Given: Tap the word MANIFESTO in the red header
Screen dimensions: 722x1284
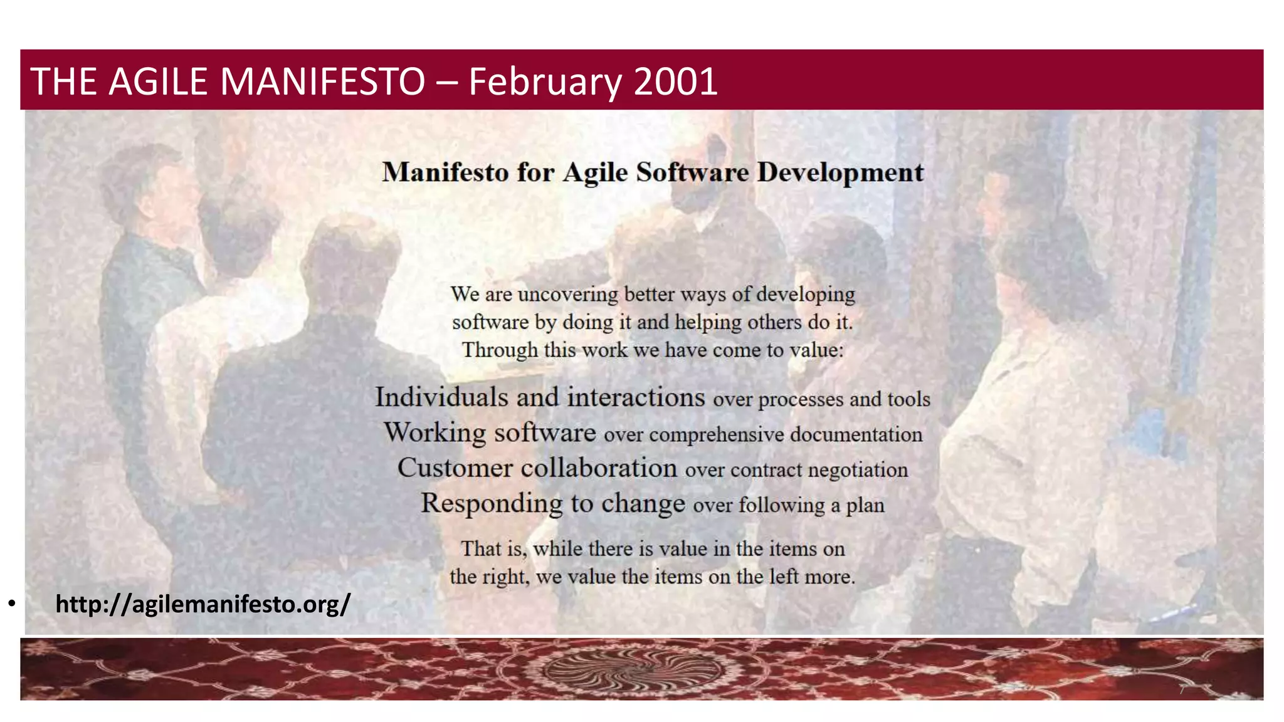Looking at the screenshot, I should [x=322, y=81].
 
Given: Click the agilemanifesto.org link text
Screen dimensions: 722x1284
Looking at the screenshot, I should [x=203, y=604].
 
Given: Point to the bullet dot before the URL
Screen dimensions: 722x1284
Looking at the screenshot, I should [x=12, y=604].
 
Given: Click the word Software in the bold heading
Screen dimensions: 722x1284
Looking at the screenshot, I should [x=692, y=172].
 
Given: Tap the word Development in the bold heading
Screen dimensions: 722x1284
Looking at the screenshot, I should [x=840, y=172].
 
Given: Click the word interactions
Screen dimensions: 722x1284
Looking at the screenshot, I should [x=636, y=397].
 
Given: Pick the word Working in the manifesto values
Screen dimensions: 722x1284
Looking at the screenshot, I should [x=434, y=433].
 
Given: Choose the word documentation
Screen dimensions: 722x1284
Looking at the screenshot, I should [x=856, y=434].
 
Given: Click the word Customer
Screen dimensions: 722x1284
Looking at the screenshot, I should [x=455, y=468].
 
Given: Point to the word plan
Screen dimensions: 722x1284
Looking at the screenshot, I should [x=865, y=505].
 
